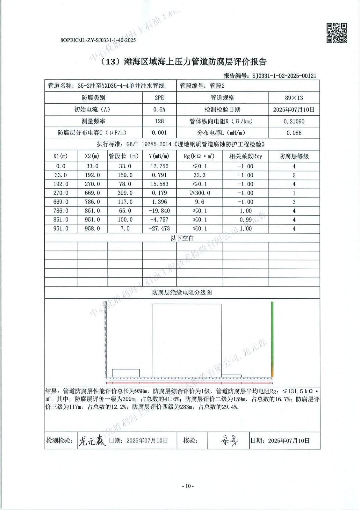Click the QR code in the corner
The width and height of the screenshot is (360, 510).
[x=337, y=33]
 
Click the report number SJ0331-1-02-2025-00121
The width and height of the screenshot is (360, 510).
[x=284, y=76]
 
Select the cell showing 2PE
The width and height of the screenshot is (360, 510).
[x=159, y=98]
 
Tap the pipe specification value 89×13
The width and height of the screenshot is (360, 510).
[x=294, y=98]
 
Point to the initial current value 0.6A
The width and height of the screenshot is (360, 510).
[x=159, y=110]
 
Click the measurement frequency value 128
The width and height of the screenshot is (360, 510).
[x=159, y=121]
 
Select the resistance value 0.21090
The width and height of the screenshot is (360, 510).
[x=294, y=121]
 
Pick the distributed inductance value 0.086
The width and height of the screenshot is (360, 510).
[x=294, y=133]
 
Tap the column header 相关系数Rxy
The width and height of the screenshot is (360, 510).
[x=246, y=156]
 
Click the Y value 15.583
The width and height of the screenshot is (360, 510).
[x=159, y=184]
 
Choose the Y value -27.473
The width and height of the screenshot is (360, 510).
[x=159, y=229]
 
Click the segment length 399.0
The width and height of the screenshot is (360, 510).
[x=125, y=193]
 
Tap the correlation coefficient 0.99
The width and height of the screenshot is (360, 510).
[x=246, y=220]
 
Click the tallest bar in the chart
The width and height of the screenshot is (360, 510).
[x=187, y=340]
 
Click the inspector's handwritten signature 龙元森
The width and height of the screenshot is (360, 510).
[x=92, y=441]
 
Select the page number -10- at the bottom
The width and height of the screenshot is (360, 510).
[x=188, y=486]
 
